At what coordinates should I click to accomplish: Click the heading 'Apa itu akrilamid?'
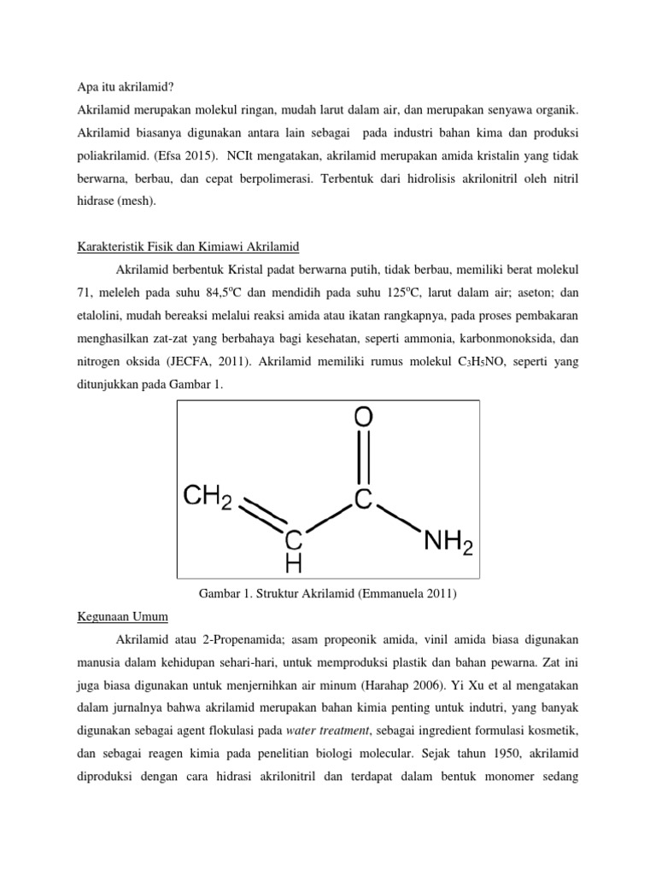coord(125,86)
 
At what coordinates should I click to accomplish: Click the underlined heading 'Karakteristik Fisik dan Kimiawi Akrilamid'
coord(184,246)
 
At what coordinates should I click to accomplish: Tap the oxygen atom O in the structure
coord(363,418)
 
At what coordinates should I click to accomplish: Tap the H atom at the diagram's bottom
coord(294,563)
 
